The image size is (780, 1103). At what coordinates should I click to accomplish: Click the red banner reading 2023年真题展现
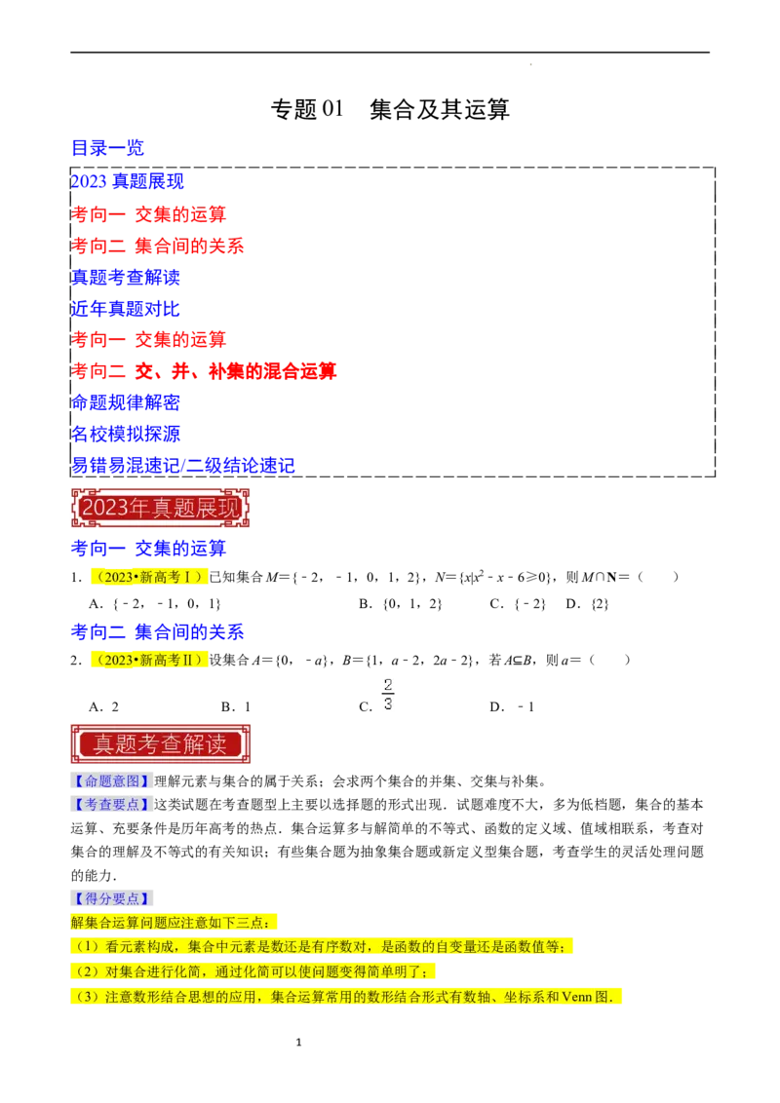pos(160,508)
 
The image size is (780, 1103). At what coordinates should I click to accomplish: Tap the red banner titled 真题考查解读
pos(160,743)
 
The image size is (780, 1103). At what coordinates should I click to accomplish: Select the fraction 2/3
pos(387,693)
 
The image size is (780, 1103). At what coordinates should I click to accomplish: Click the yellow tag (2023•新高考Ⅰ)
pos(148,577)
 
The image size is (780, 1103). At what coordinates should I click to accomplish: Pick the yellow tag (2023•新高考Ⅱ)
pos(148,661)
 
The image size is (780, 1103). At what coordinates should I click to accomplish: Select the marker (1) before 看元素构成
pos(87,947)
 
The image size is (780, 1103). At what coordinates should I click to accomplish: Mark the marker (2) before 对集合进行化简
pos(87,971)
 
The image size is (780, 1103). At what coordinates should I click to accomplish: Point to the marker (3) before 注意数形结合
pos(87,996)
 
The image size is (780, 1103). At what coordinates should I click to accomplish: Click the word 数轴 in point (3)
pos(491,996)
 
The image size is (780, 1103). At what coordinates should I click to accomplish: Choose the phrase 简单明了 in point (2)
pos(399,971)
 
